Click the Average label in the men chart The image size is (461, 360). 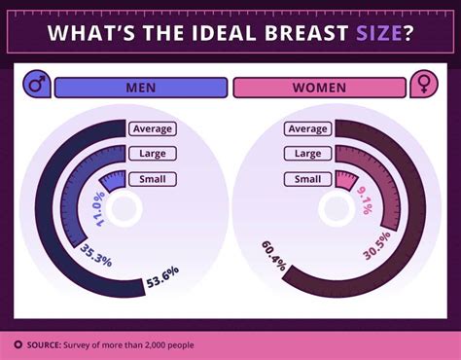click(153, 128)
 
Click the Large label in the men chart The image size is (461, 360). click(153, 153)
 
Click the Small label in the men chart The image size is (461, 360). click(153, 178)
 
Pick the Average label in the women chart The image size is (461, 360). click(307, 128)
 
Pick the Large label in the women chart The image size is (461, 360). click(307, 153)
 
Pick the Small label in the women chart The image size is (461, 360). click(307, 178)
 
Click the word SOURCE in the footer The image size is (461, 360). click(47, 343)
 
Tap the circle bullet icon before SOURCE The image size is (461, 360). click(18, 343)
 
